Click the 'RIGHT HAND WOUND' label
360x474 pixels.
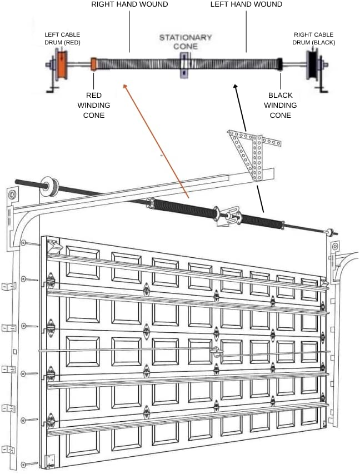(129, 4)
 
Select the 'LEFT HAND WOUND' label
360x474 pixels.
(246, 4)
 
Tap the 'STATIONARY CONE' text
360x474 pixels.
(185, 42)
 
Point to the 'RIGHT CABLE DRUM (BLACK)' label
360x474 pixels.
(314, 38)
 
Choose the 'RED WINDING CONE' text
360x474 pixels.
(94, 105)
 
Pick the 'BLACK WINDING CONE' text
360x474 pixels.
(280, 105)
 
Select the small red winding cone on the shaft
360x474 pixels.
(94, 64)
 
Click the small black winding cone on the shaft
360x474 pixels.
(280, 64)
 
